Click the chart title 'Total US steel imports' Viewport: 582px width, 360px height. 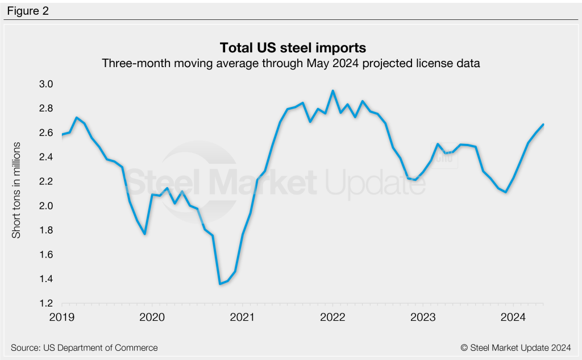290,47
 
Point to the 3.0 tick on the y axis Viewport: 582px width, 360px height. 46,84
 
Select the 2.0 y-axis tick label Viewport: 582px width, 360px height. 46,206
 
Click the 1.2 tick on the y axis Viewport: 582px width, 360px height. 46,303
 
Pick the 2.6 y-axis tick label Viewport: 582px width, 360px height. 46,133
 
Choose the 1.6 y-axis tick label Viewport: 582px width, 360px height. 46,255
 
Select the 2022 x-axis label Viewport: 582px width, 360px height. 332,317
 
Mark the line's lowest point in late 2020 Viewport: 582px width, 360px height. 220,283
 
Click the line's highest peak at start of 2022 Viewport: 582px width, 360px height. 332,90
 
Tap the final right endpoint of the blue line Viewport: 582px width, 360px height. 543,125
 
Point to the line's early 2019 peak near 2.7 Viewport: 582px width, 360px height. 77,118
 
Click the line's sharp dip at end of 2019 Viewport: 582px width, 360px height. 145,234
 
